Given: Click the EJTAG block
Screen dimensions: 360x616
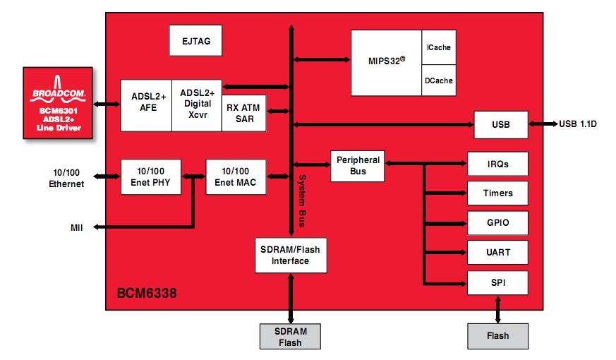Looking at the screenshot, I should pyautogui.click(x=195, y=41).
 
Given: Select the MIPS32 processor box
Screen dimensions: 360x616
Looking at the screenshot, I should pyautogui.click(x=386, y=63).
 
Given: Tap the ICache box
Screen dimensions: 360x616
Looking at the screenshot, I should pyautogui.click(x=438, y=48).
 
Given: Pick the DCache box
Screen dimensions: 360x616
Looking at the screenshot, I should pyautogui.click(x=438, y=80).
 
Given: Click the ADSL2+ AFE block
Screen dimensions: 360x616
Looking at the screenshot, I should pyautogui.click(x=146, y=104).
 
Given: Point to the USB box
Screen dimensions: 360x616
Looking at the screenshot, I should pyautogui.click(x=500, y=125).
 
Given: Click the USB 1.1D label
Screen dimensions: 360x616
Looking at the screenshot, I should pyautogui.click(x=578, y=125).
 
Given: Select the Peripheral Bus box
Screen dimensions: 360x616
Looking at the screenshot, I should pyautogui.click(x=358, y=165).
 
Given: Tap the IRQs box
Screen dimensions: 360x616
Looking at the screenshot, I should pyautogui.click(x=497, y=164).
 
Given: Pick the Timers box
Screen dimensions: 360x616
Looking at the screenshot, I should pyautogui.click(x=497, y=193).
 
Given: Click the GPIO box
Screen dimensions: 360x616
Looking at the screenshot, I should pyautogui.click(x=497, y=223).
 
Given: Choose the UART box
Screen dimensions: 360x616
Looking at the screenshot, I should pyautogui.click(x=497, y=253).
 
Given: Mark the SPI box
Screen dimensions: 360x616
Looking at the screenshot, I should pyautogui.click(x=497, y=282).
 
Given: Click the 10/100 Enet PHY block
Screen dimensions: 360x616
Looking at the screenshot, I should pyautogui.click(x=151, y=177).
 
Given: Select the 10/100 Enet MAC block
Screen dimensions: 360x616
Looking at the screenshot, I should pyautogui.click(x=235, y=177).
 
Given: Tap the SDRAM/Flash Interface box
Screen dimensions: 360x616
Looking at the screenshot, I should pyautogui.click(x=290, y=255).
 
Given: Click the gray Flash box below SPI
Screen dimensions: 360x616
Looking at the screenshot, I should pyautogui.click(x=497, y=336).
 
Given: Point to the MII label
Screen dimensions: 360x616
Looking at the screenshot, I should pyautogui.click(x=76, y=227).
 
